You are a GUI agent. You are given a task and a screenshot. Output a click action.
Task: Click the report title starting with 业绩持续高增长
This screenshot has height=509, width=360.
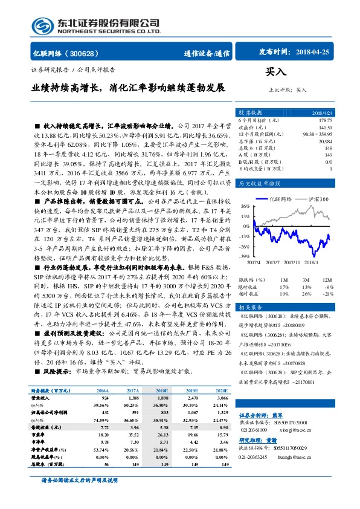coord(128,88)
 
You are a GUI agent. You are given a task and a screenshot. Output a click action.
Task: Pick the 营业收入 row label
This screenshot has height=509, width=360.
coord(42,399)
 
